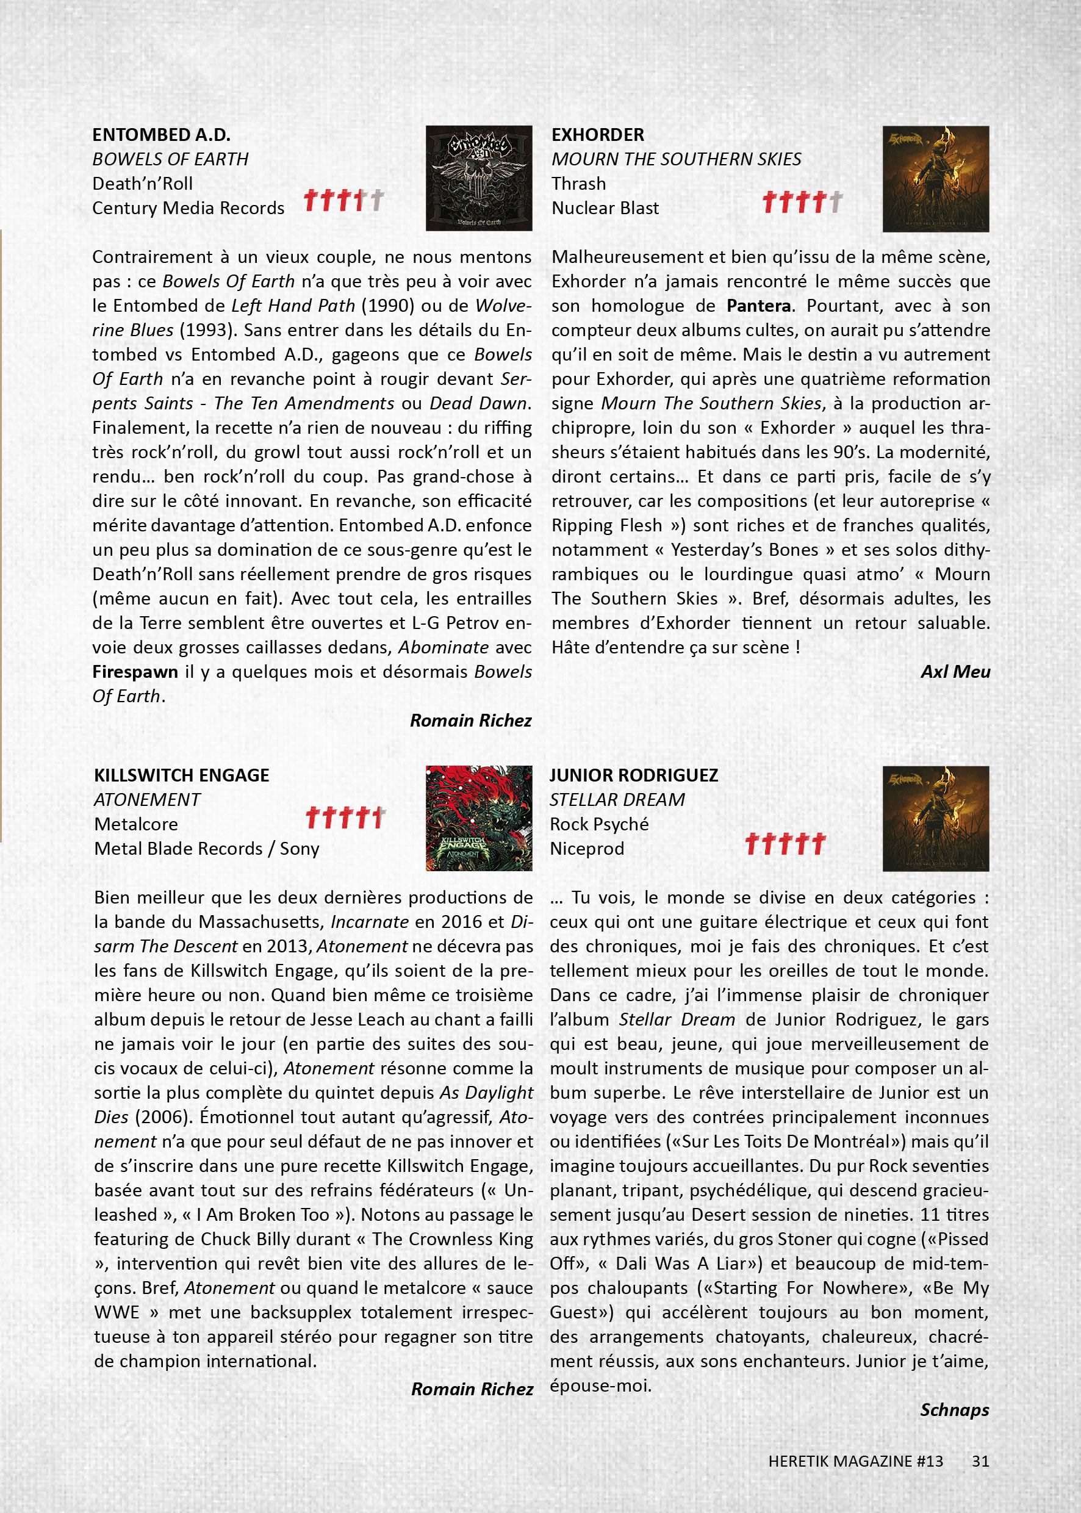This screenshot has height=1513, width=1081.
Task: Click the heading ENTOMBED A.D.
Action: tap(161, 135)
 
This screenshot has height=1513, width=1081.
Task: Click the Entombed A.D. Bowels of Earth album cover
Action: tap(479, 178)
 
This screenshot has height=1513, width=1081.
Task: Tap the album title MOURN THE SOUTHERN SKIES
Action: tap(676, 159)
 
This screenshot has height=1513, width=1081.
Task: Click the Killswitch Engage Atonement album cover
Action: tap(479, 818)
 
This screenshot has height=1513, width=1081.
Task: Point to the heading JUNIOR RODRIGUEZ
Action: tap(633, 775)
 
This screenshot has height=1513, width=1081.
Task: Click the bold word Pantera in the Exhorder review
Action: tap(758, 306)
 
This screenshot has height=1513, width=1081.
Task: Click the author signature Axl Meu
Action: tap(955, 672)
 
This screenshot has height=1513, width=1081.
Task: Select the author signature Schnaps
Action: tap(954, 1411)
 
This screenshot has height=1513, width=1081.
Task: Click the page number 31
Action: tap(980, 1462)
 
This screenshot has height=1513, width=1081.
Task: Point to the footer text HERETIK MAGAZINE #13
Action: tap(855, 1462)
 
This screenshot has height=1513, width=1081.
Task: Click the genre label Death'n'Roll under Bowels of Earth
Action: tap(143, 184)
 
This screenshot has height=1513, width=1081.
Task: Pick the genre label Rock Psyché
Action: tap(598, 825)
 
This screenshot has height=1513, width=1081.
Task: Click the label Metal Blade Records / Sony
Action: tap(206, 849)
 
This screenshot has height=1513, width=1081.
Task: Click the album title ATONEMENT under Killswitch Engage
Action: tap(147, 800)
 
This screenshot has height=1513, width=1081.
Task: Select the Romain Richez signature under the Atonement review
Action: tap(472, 1389)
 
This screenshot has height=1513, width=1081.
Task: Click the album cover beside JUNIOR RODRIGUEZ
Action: tap(935, 819)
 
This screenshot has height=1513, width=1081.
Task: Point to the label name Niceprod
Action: tap(586, 849)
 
